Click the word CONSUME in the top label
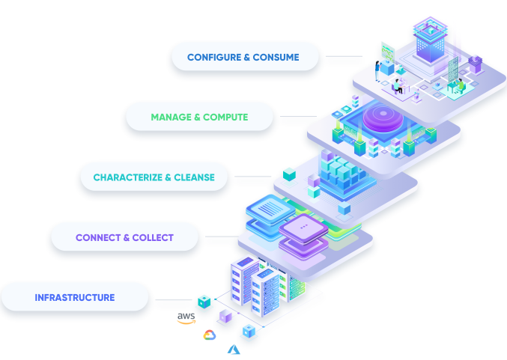click(x=276, y=57)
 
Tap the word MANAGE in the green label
click(x=171, y=118)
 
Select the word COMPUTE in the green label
click(x=225, y=118)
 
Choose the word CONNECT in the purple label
click(x=98, y=238)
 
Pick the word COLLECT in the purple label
click(x=153, y=238)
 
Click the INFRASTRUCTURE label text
click(x=75, y=298)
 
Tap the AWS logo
click(x=186, y=318)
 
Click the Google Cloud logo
click(x=209, y=335)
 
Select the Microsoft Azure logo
click(x=233, y=349)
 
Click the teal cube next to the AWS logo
click(x=203, y=301)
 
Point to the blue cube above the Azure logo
click(x=248, y=330)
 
